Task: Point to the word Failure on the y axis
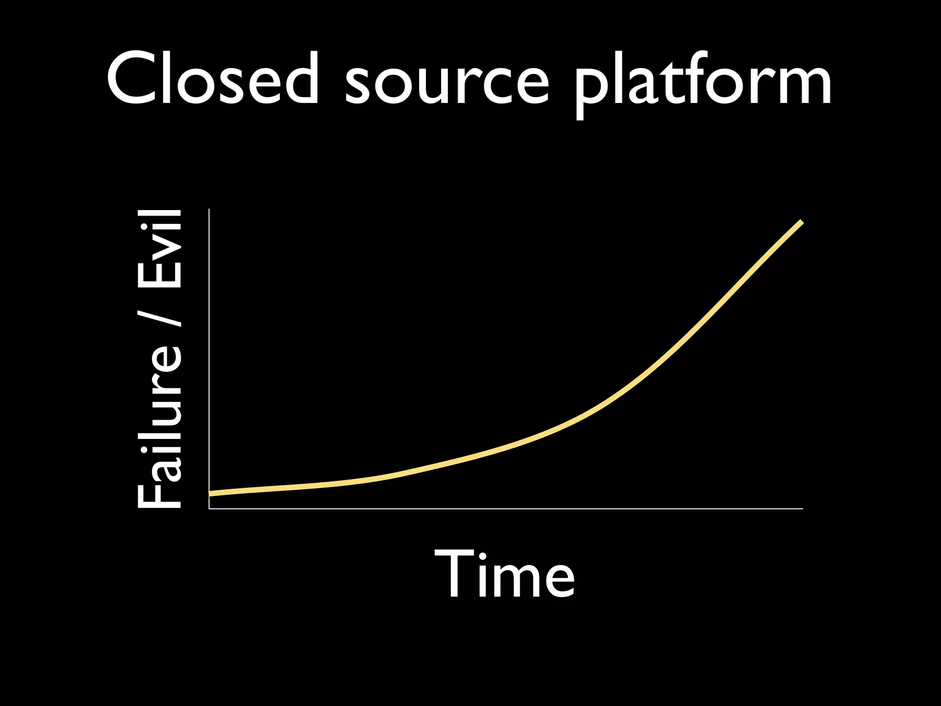click(x=160, y=425)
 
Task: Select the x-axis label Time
click(x=504, y=575)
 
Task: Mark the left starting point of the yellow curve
click(x=210, y=494)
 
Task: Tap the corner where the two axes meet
click(x=209, y=509)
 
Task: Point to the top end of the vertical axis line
click(x=209, y=210)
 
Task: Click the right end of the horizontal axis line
click(x=803, y=509)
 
